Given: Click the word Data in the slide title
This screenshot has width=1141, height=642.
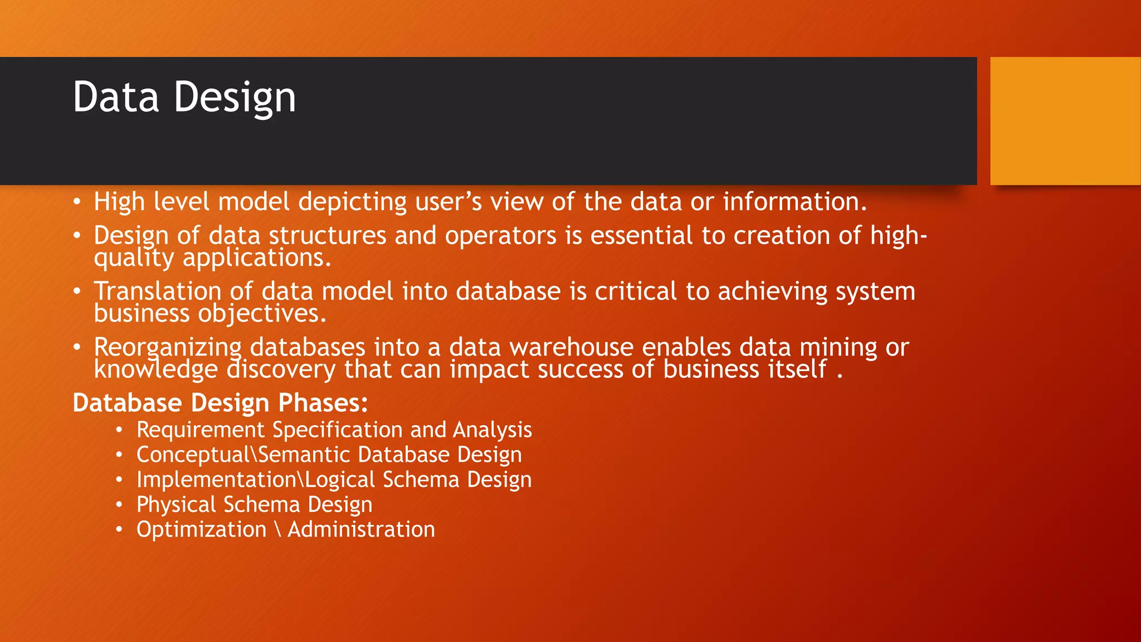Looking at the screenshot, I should click(116, 97).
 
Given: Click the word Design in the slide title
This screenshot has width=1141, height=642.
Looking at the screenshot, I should click(235, 98).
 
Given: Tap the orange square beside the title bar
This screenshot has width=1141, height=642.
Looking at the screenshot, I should click(1065, 121).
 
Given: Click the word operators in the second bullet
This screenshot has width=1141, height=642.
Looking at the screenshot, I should click(500, 236).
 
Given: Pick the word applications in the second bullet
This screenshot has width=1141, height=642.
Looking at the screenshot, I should click(257, 258).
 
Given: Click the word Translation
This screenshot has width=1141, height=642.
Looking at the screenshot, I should click(158, 291).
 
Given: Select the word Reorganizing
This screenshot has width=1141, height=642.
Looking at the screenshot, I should click(167, 348).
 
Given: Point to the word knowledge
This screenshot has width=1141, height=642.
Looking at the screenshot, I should click(156, 369).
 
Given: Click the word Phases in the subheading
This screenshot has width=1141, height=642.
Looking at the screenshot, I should click(323, 403).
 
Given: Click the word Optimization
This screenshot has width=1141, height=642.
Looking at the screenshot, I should click(201, 530).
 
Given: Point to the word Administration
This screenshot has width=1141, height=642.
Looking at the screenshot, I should click(361, 529).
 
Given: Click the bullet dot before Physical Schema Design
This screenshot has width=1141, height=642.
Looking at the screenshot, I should click(119, 505).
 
